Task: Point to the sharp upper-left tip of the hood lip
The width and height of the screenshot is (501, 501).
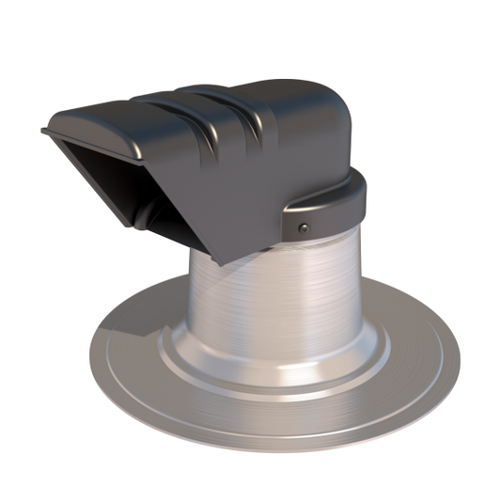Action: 43,130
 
